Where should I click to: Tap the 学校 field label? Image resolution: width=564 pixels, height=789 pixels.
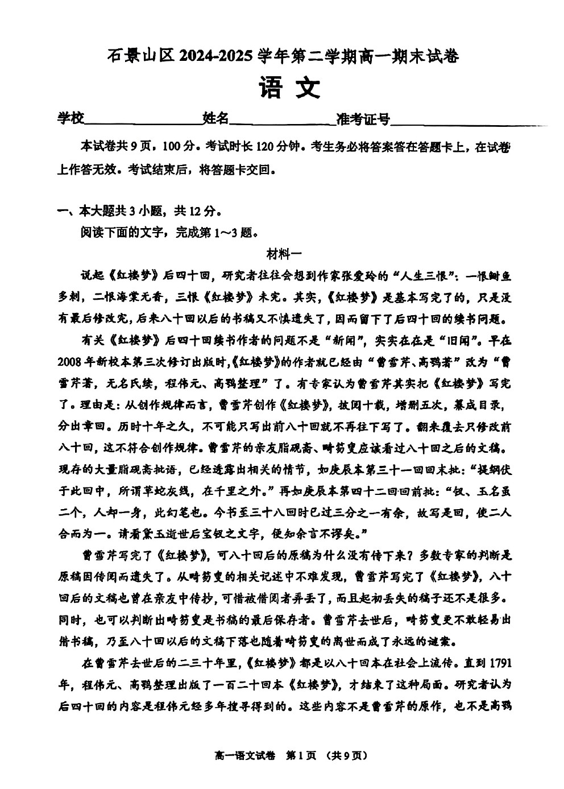70,118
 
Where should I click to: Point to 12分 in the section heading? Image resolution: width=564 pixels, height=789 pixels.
202,212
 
